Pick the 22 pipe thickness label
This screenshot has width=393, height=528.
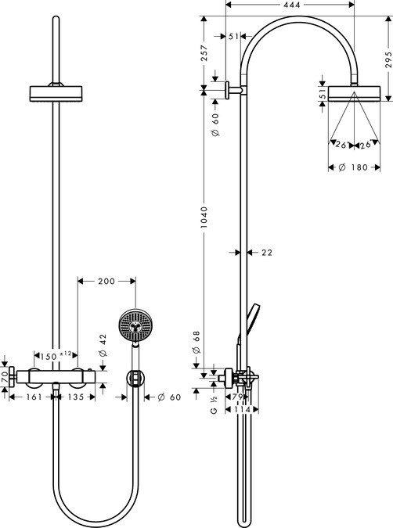pos(267,252)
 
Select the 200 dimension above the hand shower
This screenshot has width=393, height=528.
pos(106,280)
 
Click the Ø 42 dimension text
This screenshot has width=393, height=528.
pos(103,344)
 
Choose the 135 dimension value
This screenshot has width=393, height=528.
pos(75,397)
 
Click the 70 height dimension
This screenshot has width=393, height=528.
pos(5,377)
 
